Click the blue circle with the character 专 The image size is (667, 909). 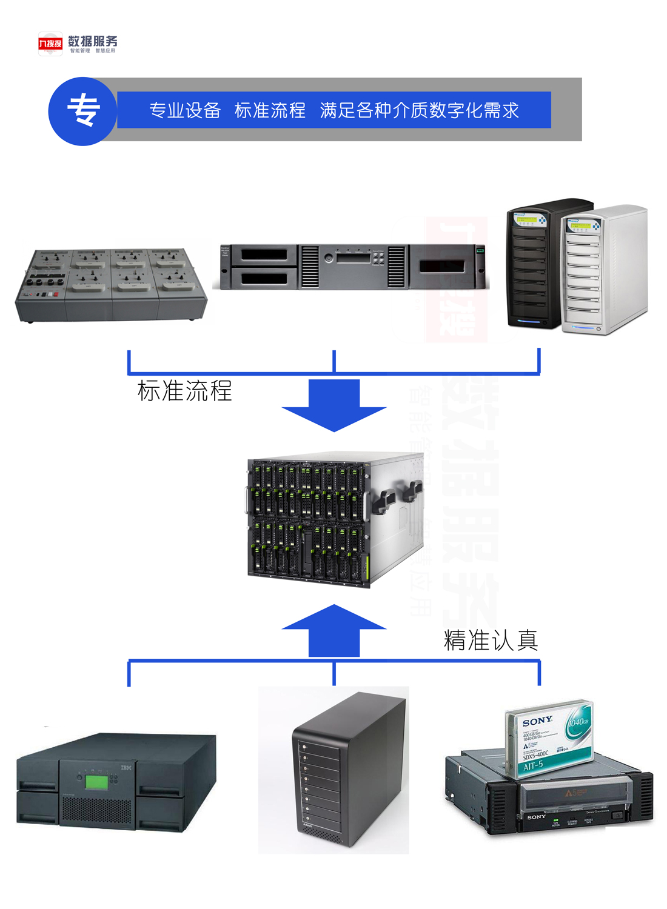[82, 111]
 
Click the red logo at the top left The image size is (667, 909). [50, 44]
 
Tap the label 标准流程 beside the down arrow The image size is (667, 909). [184, 391]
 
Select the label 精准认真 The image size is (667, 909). [491, 640]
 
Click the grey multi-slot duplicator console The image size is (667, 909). [111, 284]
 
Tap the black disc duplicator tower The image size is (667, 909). [534, 264]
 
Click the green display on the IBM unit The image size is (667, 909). [96, 782]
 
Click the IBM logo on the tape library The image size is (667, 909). [126, 768]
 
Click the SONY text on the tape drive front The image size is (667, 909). [535, 817]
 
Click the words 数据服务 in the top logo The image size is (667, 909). [93, 41]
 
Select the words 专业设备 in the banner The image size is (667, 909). [185, 110]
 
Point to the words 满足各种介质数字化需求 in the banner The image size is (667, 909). [419, 110]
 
